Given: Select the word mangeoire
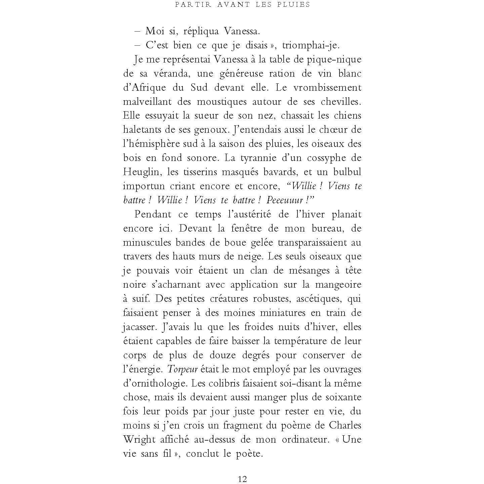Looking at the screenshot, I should pyautogui.click(x=338, y=285).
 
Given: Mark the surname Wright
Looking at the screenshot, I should pyautogui.click(x=139, y=440).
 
